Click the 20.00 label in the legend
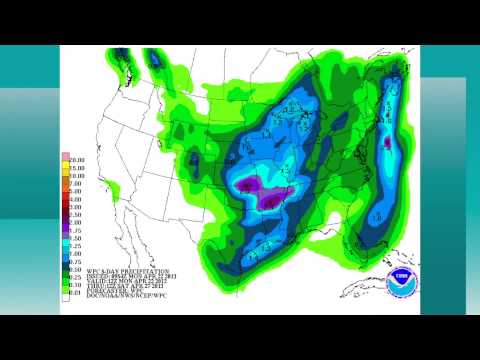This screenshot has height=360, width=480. [x=75, y=158]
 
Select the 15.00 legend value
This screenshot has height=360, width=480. [x=75, y=167]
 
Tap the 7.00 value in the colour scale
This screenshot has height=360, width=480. [x=75, y=184]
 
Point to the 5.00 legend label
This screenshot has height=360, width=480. [x=75, y=192]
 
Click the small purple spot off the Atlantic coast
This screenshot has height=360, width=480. [x=388, y=143]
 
